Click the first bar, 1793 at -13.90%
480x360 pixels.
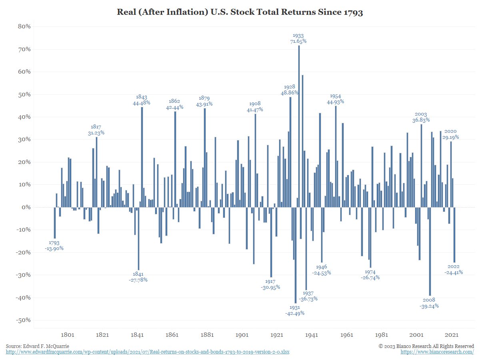pos(55,223)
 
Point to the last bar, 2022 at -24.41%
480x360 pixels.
pos(454,235)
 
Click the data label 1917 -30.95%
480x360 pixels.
pos(270,284)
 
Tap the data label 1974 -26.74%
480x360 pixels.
pos(370,275)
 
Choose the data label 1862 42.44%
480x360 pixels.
pos(174,104)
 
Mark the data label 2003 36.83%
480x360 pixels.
pos(421,117)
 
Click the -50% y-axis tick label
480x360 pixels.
pos(24,320)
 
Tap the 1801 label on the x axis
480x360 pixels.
pos(67,335)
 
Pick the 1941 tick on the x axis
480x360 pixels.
pos(312,335)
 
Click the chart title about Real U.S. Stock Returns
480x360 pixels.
pos(240,12)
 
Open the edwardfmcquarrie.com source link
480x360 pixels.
pos(148,352)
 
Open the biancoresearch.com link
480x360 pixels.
pos(437,352)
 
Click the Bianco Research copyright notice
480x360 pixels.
pos(426,346)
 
